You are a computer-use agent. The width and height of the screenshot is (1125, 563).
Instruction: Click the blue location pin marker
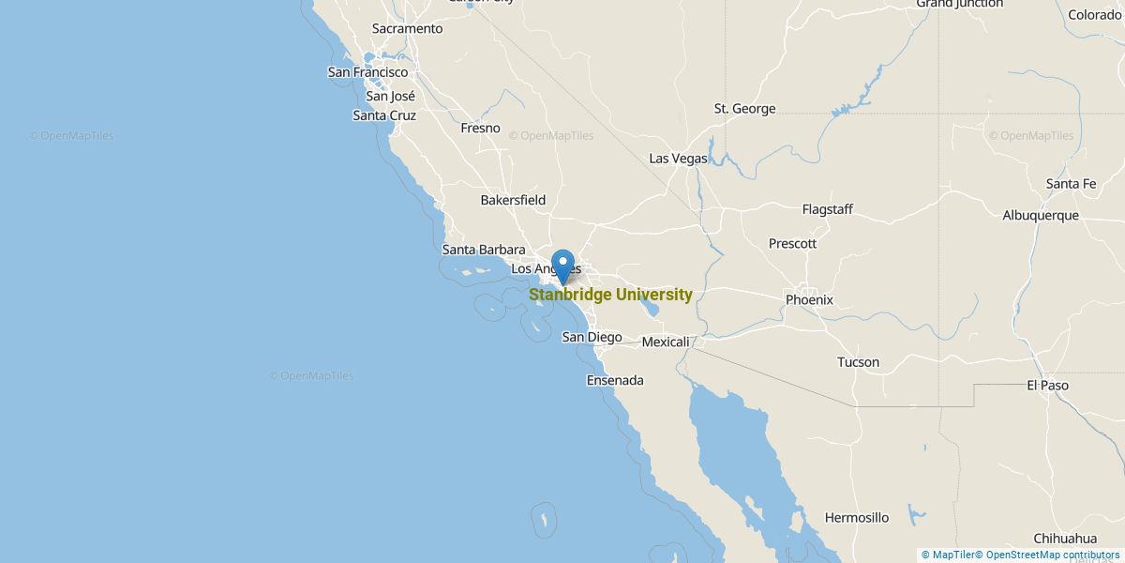(562, 265)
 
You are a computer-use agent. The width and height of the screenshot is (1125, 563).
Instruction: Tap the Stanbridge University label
(610, 295)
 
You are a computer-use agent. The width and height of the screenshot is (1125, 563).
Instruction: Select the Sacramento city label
(407, 28)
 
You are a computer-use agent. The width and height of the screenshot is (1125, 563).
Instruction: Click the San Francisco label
(367, 71)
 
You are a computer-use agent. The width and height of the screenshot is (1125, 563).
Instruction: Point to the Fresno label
(480, 128)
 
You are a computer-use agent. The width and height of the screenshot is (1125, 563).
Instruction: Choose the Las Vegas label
(678, 159)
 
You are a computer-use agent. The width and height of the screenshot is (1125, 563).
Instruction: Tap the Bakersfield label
(513, 200)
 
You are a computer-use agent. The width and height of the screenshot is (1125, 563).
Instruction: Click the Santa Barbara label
(483, 250)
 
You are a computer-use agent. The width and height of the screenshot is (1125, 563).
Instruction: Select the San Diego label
(592, 337)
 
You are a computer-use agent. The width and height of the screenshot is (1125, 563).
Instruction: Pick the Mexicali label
(666, 342)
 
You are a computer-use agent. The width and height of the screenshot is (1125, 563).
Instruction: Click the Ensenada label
(615, 380)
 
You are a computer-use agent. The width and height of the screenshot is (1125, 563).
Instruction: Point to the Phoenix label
(809, 300)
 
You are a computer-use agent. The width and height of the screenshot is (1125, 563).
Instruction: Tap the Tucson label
(858, 361)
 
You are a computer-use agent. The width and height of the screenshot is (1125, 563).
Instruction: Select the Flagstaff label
(827, 209)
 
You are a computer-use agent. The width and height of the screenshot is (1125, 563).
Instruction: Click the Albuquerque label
(1041, 215)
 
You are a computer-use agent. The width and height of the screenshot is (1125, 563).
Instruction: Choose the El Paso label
(1047, 385)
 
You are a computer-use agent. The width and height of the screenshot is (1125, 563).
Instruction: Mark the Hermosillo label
(856, 517)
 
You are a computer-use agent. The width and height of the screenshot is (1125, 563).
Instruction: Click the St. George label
(744, 108)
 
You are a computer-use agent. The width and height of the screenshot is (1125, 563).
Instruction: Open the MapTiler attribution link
(948, 555)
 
